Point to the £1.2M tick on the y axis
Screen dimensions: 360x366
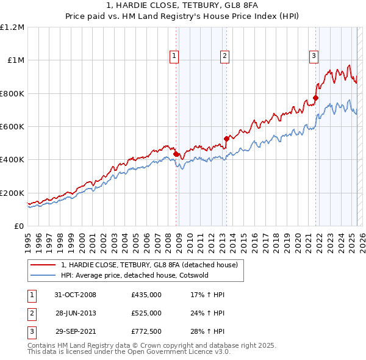coord(13,27)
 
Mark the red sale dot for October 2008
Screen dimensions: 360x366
coord(176,154)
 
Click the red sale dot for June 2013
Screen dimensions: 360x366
coord(226,139)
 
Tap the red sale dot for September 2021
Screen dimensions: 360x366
coord(315,98)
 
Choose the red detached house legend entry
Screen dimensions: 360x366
coord(152,265)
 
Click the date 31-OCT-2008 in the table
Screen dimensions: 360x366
coord(75,295)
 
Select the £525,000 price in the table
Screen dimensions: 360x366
coord(146,313)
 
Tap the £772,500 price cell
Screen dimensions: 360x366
coord(146,331)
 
